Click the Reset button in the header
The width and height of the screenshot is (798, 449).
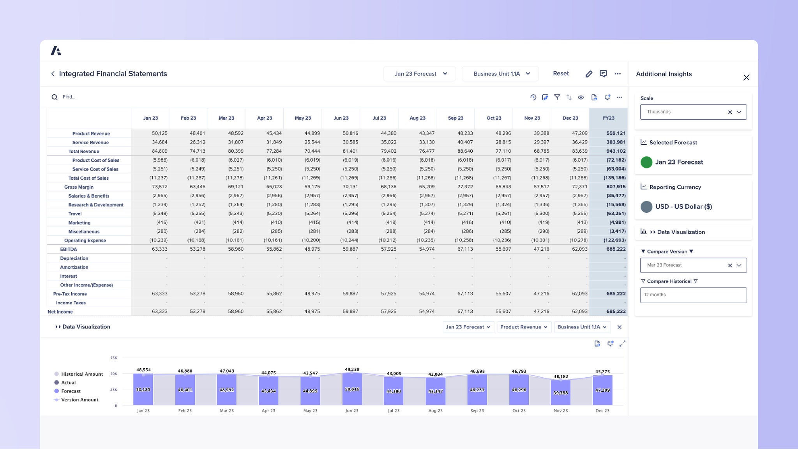(561, 74)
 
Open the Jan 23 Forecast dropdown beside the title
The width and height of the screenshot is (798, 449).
(420, 74)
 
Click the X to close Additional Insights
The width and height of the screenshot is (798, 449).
(746, 78)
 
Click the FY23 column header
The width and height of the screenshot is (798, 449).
(608, 118)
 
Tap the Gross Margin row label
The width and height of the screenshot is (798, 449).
(79, 187)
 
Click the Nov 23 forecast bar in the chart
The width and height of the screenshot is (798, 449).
(560, 392)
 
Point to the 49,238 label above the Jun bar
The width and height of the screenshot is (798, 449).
(352, 369)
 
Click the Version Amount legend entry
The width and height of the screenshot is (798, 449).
(79, 400)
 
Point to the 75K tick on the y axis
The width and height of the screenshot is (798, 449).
(113, 358)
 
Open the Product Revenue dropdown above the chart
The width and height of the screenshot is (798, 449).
(524, 327)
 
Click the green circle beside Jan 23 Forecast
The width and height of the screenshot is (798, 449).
(646, 162)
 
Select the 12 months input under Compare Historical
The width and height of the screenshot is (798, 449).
(693, 295)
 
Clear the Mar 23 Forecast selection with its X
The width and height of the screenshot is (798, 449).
(730, 265)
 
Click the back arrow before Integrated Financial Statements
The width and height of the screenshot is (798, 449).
(53, 74)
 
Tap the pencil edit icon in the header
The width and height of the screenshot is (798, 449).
(589, 74)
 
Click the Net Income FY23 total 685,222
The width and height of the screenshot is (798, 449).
(616, 311)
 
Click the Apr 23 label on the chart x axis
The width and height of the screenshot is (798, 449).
(268, 411)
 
